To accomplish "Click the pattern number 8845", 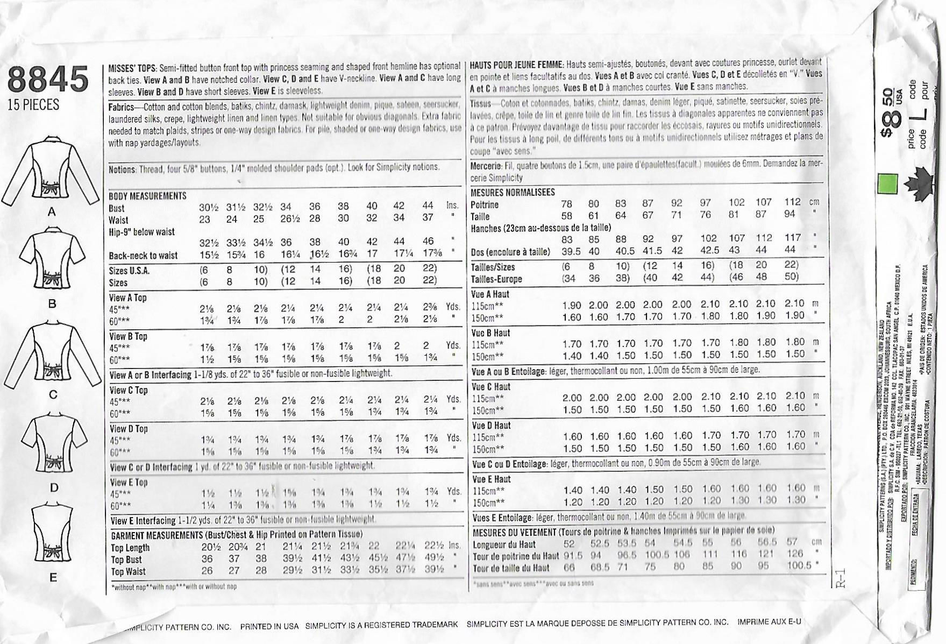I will click(48, 79).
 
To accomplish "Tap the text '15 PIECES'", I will click(33, 105).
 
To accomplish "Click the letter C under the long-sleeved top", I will click(53, 395).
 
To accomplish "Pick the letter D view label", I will click(53, 488).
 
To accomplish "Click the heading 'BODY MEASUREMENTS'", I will click(147, 196).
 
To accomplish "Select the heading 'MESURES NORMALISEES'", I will click(513, 192).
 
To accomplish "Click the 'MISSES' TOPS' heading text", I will click(132, 68).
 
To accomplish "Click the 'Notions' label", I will click(122, 169).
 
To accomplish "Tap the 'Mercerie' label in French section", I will click(486, 166).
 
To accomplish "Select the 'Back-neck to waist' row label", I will click(143, 256).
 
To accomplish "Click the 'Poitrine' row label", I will click(485, 204).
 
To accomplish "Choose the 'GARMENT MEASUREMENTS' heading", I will click(157, 535).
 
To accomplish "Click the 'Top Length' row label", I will click(130, 548).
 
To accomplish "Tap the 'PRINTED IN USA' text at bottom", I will click(269, 626).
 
